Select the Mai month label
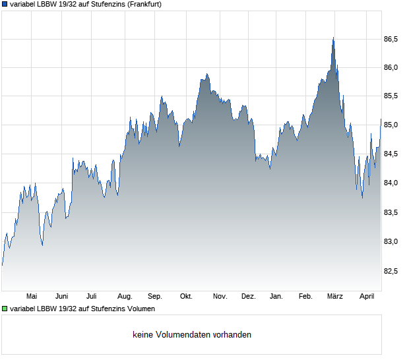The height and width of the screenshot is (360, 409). (31, 297)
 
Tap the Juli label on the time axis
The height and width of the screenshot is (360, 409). (92, 297)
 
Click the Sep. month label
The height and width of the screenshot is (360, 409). (155, 297)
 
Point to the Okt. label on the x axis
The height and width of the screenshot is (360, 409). (186, 297)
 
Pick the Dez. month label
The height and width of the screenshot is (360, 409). (248, 297)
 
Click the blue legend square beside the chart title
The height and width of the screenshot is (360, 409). (5, 4)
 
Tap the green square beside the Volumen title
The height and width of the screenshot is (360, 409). (5, 309)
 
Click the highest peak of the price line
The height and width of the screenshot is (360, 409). (333, 38)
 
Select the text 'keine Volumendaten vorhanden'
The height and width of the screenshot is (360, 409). (192, 335)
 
